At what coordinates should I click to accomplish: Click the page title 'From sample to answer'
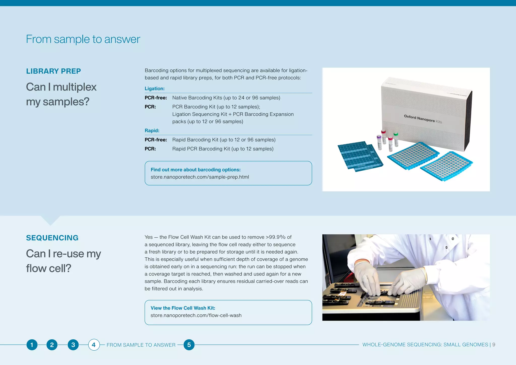point(83,39)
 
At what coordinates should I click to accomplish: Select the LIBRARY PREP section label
point(53,71)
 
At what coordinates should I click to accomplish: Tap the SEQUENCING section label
point(52,238)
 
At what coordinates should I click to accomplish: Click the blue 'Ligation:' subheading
point(154,88)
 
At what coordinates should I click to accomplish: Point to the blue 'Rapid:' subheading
point(152,131)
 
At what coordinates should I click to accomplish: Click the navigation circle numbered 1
point(32,345)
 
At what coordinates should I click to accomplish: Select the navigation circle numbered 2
point(52,345)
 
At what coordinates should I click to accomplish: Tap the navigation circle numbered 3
point(73,345)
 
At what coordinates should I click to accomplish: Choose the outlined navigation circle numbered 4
point(94,345)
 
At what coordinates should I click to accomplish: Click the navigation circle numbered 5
point(189,345)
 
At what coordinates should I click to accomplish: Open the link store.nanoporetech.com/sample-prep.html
point(200,177)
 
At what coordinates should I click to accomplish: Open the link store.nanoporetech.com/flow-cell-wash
point(196,315)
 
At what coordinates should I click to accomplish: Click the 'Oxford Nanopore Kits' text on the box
point(423,119)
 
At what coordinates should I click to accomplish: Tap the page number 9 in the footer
point(494,345)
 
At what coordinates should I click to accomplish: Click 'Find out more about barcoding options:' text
point(196,170)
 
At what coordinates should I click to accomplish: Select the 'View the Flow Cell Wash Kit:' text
point(183,308)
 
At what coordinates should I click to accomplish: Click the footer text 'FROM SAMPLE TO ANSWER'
point(141,345)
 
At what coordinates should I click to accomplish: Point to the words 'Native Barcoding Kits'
point(197,98)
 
